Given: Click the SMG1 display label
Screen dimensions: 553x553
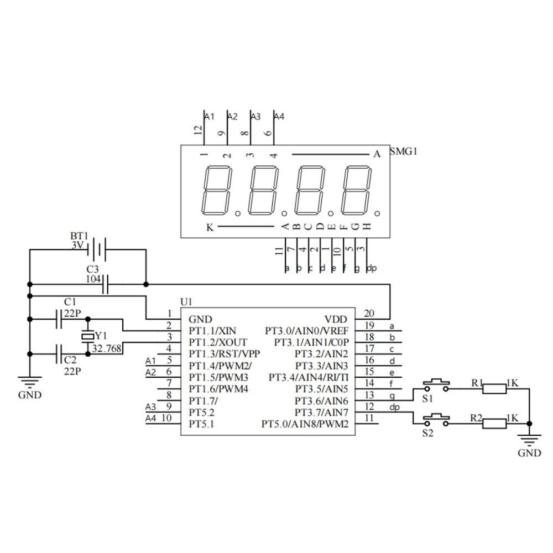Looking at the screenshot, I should pyautogui.click(x=403, y=152).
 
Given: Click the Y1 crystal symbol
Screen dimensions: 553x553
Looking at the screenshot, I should pyautogui.click(x=87, y=336).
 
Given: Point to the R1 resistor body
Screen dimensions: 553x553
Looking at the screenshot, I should pyautogui.click(x=494, y=389).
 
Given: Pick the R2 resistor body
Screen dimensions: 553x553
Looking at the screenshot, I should pyautogui.click(x=494, y=424).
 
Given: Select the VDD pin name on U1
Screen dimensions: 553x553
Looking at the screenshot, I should pyautogui.click(x=336, y=319).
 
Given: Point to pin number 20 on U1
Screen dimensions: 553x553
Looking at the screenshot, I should pyautogui.click(x=369, y=314).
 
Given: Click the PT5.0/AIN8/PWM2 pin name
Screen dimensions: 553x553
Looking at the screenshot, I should pyautogui.click(x=305, y=424).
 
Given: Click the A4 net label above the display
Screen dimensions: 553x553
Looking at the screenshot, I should pyautogui.click(x=279, y=117).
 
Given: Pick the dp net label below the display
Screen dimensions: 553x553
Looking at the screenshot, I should pyautogui.click(x=372, y=269).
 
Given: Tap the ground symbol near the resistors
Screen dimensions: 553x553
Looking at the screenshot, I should pyautogui.click(x=529, y=440).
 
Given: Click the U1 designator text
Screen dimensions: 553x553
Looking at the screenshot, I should pyautogui.click(x=186, y=301).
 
